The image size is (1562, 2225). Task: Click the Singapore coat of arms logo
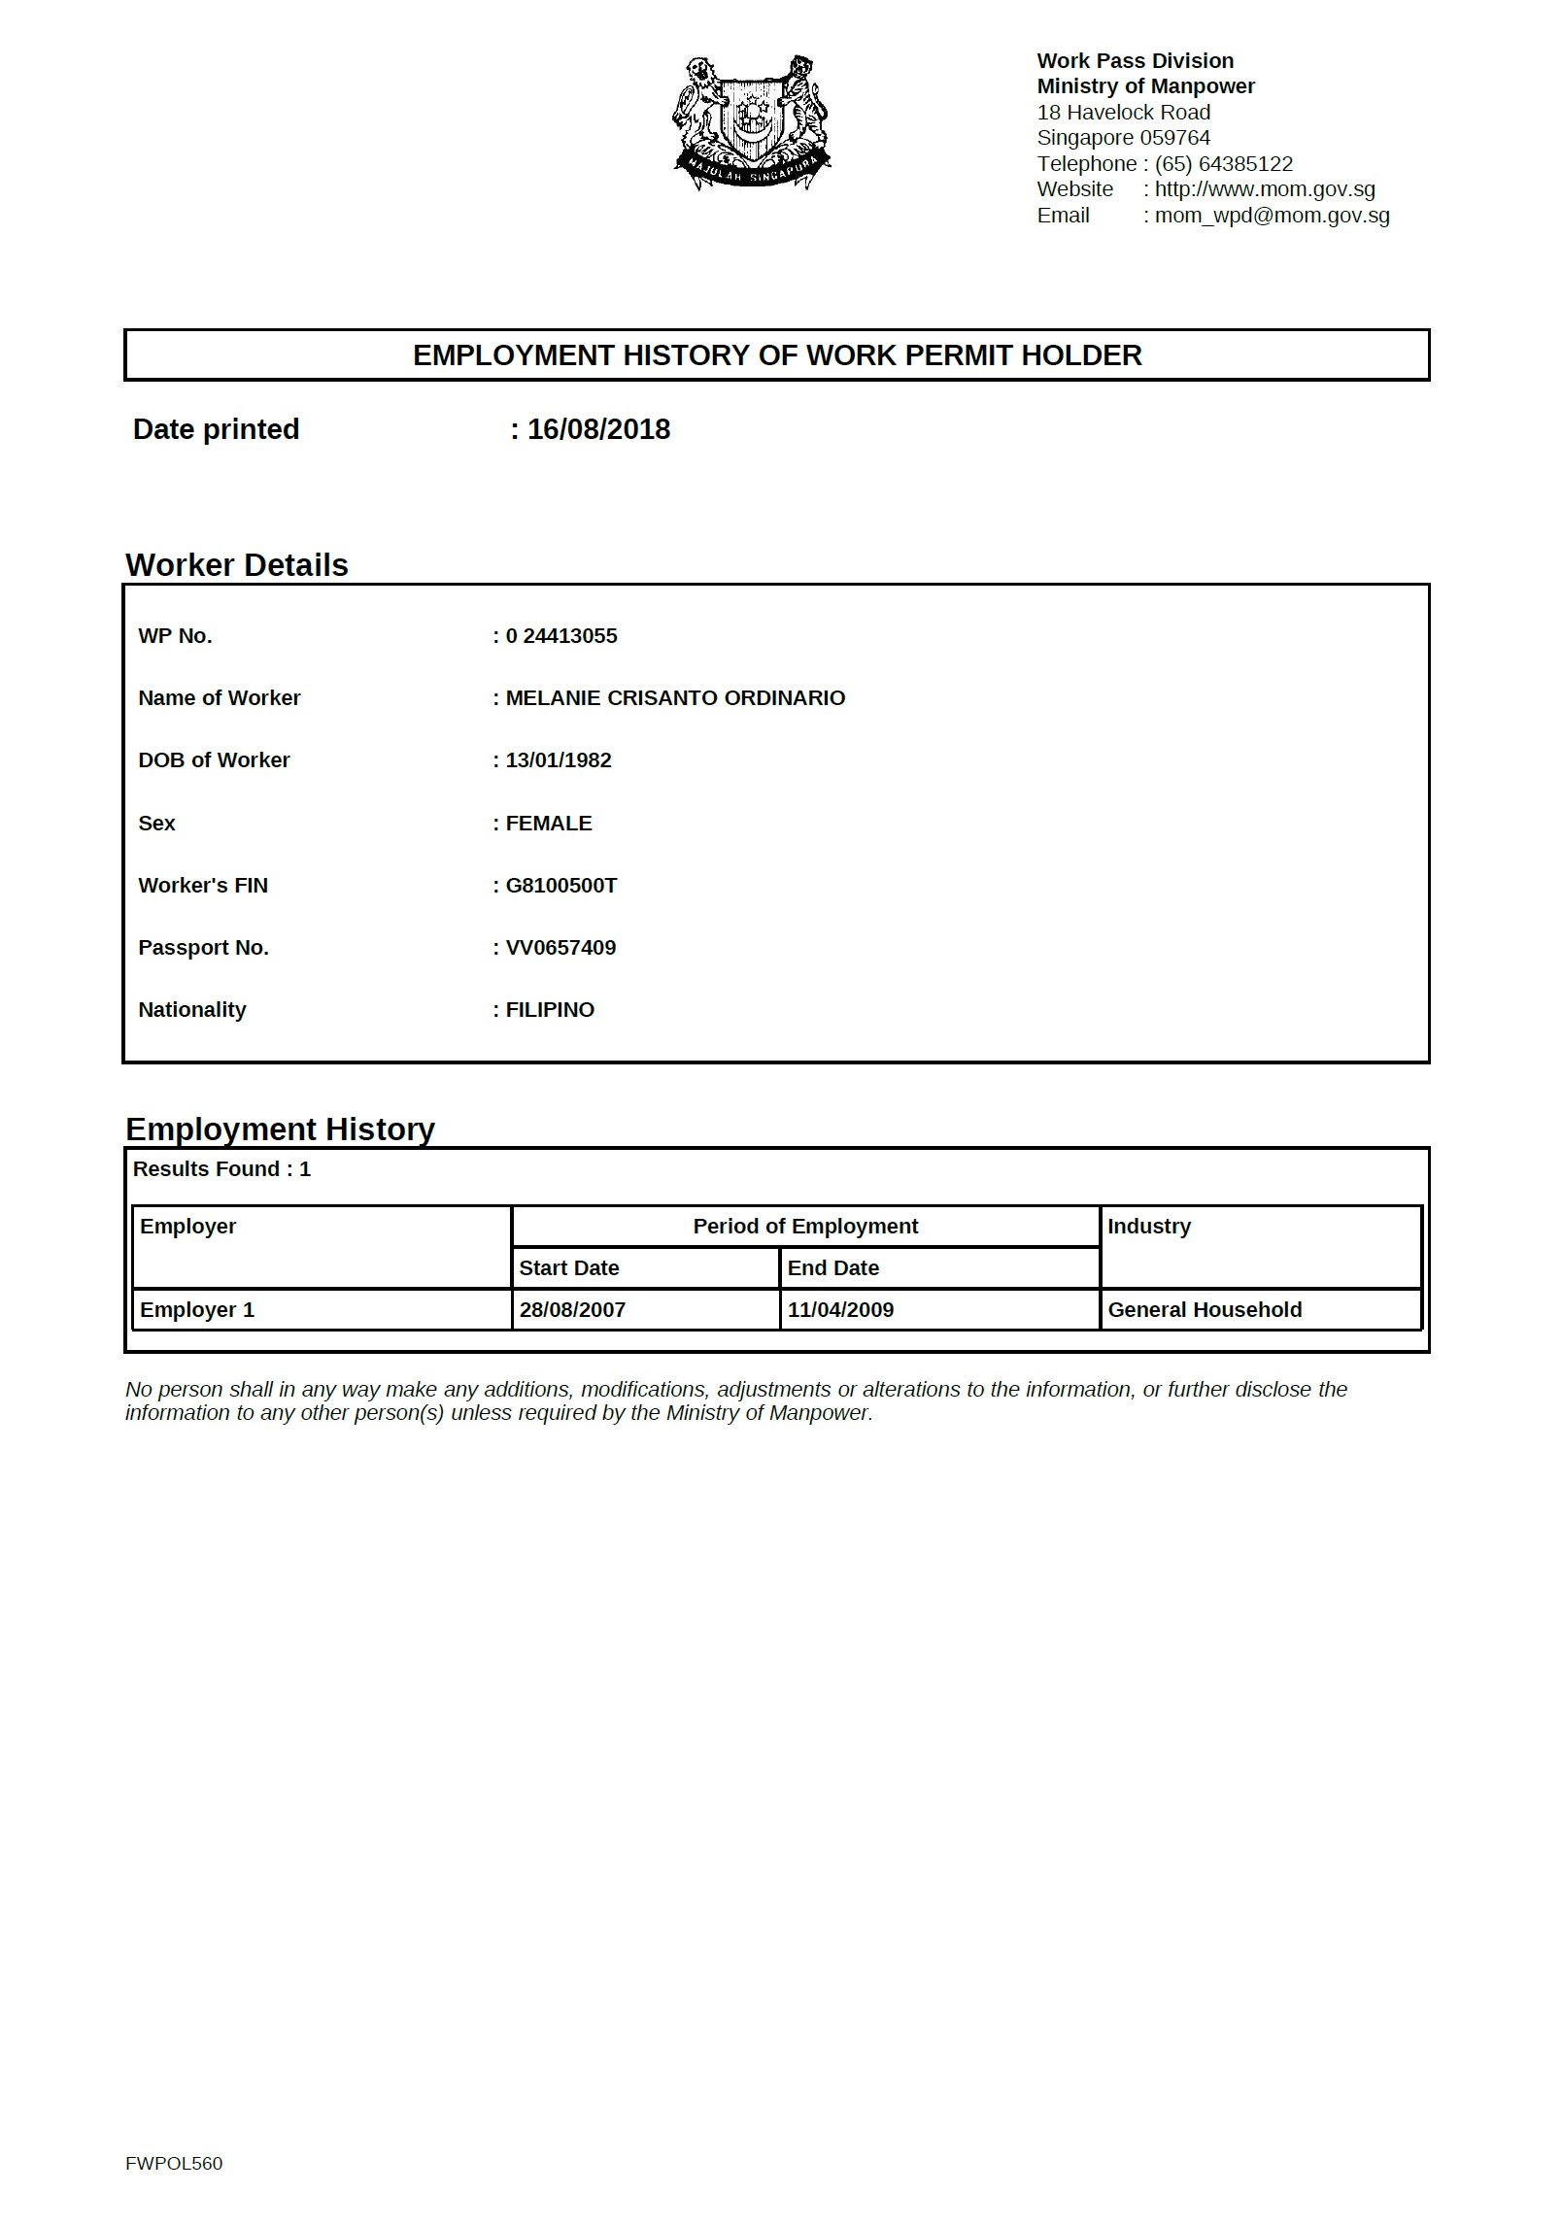coord(751,122)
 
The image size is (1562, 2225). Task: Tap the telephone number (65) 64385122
coord(1223,164)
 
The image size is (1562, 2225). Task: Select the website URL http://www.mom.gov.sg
coord(1264,189)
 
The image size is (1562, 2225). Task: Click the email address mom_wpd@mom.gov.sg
coord(1272,216)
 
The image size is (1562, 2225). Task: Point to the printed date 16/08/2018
coord(598,429)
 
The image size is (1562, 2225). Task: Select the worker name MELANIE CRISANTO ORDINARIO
coord(675,698)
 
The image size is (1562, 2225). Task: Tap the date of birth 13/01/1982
coord(559,760)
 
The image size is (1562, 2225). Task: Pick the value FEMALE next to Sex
coord(549,824)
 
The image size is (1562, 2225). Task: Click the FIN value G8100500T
coord(561,886)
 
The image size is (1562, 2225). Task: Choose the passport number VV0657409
coord(560,948)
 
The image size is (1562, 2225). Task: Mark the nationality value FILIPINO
coord(550,1010)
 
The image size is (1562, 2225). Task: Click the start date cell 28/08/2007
coord(572,1310)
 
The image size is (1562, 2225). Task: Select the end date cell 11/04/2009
coord(840,1310)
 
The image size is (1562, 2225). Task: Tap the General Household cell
coord(1205,1310)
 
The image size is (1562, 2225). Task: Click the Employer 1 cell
coord(197,1310)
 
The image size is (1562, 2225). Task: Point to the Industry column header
coord(1149,1227)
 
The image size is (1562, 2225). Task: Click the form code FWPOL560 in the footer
coord(174,2163)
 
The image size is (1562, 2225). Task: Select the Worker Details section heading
coord(237,565)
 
